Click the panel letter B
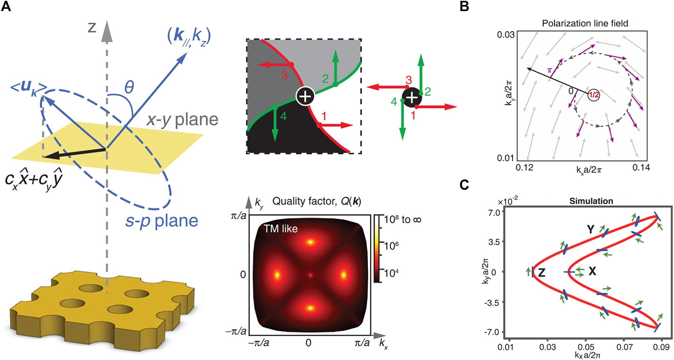pos(464,6)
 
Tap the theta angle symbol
pos(129,87)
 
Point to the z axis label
pos(92,28)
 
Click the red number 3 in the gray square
pos(284,75)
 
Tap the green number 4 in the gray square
pos(283,116)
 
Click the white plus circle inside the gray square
pos(305,97)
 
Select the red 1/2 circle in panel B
pos(594,95)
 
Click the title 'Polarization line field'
pos(585,23)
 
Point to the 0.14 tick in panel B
pos(641,167)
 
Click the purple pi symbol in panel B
pos(549,70)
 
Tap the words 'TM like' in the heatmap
pos(281,228)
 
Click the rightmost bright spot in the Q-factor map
pos(343,274)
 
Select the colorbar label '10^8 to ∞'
pos(403,219)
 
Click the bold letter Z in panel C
pos(542,272)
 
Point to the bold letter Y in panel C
pos(590,229)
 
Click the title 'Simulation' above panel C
pos(591,201)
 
